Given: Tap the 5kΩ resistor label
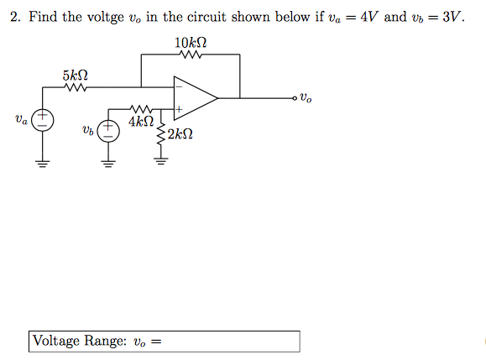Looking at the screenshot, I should point(74,76).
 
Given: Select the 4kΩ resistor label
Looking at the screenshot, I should point(141,122).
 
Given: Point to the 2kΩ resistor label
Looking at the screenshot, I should point(180,133).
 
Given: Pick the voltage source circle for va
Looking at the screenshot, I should point(44,121).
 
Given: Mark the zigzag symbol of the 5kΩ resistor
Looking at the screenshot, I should point(74,86).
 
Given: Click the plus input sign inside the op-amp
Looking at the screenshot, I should point(179,108).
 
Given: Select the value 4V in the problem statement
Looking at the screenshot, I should point(368,18).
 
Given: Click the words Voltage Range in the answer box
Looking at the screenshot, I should point(80,341).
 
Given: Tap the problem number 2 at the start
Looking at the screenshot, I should point(15,18).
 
